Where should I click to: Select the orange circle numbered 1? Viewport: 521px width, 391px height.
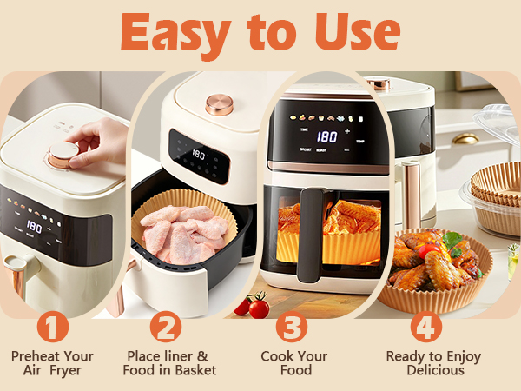52,327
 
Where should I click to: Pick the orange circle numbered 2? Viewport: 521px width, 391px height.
166,327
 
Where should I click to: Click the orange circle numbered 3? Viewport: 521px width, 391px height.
292,327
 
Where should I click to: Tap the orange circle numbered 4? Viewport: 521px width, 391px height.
426,327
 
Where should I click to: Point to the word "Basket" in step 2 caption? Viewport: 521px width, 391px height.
195,370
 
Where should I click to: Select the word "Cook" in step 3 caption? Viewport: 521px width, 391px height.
275,356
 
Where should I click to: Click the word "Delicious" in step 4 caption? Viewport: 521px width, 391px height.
435,370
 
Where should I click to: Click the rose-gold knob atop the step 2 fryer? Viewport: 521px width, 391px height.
220,104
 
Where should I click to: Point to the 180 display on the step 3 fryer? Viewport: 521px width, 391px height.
326,136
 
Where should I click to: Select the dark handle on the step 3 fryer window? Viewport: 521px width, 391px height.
311,235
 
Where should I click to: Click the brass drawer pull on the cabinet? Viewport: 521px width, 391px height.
465,138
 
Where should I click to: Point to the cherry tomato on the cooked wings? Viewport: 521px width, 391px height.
428,251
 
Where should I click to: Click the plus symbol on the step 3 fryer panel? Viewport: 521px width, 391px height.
347,131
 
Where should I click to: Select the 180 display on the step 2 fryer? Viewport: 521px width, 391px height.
198,155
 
